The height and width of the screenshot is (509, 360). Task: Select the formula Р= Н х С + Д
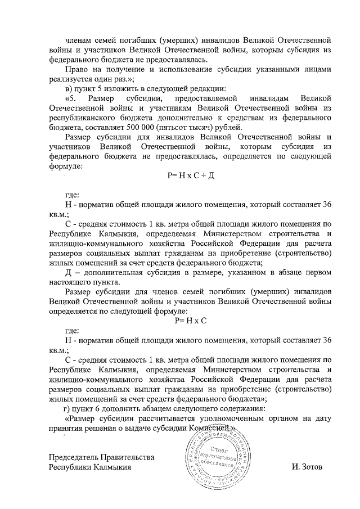point(192,176)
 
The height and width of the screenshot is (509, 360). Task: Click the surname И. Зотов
point(307,467)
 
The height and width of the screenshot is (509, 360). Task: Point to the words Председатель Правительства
point(101,457)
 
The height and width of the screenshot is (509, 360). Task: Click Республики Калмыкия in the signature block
point(90,467)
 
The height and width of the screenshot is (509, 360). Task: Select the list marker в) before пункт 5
point(69,89)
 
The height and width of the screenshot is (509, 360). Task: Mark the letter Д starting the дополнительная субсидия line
point(69,273)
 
